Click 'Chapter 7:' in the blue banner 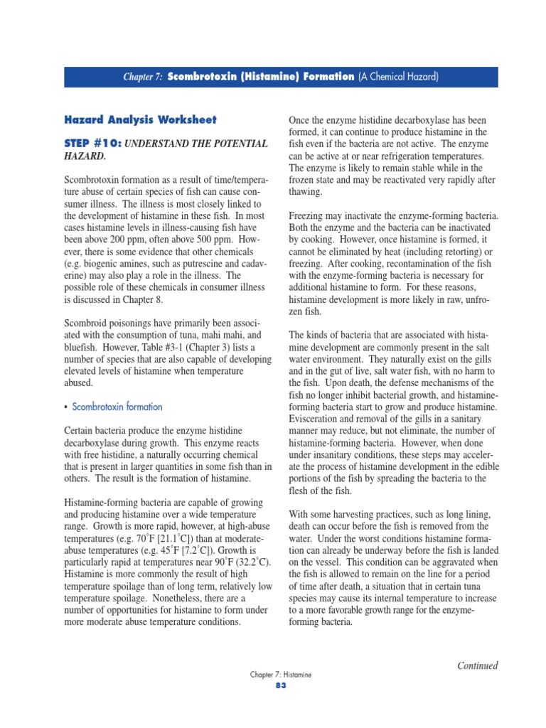pos(144,77)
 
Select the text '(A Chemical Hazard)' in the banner pos(398,77)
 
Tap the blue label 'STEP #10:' pos(92,144)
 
